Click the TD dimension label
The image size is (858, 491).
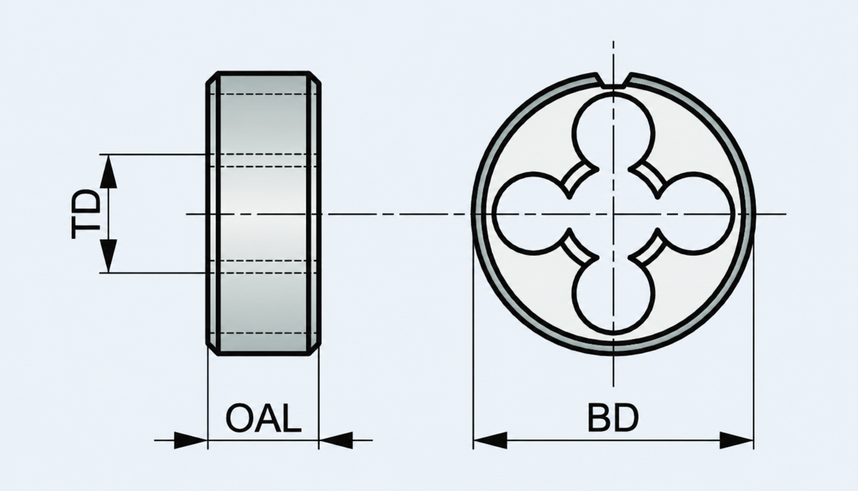click(87, 214)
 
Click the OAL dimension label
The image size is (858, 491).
click(264, 418)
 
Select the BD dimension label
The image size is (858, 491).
click(613, 418)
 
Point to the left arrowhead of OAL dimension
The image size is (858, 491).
click(190, 440)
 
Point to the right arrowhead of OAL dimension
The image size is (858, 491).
click(335, 440)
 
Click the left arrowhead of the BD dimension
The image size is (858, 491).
click(490, 440)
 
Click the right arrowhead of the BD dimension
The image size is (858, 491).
click(736, 440)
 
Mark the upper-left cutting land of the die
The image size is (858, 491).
click(579, 180)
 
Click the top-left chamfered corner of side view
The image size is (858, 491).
click(212, 77)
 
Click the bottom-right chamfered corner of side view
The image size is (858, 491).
click(315, 349)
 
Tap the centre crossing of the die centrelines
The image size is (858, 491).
click(613, 214)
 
